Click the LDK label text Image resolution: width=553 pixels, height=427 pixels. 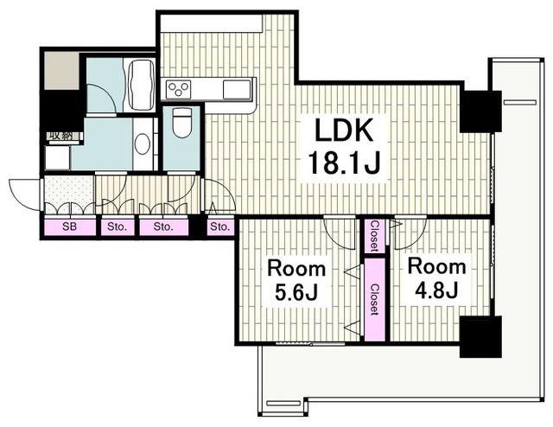coord(344,130)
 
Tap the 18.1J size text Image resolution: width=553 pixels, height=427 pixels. coord(344,163)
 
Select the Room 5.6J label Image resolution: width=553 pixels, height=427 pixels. coord(296,280)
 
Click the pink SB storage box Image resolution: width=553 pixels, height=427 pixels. coord(70,227)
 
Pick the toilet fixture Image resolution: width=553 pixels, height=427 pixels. coord(181,123)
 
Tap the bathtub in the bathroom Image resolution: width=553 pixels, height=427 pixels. coord(140,86)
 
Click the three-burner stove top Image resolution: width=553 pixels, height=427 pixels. coord(179,88)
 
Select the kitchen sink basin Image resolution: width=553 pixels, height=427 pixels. coord(237,88)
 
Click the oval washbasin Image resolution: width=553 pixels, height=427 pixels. coord(143,143)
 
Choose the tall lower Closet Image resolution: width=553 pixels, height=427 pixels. coord(374,300)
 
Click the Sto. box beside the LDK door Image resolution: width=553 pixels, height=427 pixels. coord(220,227)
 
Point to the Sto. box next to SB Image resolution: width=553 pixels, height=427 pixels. coord(118,227)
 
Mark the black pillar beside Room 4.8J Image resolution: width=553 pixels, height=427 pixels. coord(480,336)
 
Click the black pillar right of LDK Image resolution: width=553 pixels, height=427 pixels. coord(480,112)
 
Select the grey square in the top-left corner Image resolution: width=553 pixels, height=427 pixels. coord(61,71)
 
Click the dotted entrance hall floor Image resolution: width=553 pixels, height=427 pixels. coord(69,194)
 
